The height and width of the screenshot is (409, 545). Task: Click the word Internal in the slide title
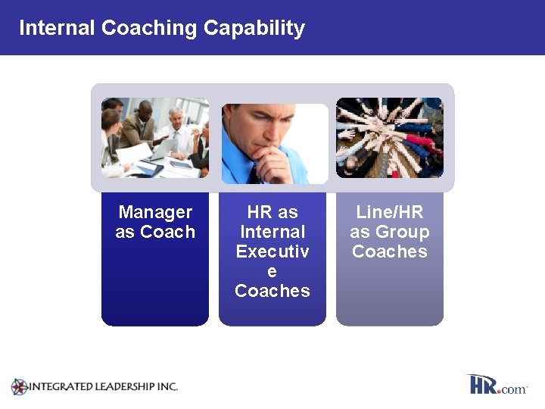(57, 28)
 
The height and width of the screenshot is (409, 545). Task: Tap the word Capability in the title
(254, 28)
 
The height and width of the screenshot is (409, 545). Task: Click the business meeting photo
(155, 137)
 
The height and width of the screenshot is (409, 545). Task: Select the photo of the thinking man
(274, 144)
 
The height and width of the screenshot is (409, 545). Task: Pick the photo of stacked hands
(390, 137)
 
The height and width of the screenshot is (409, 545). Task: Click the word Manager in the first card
(155, 212)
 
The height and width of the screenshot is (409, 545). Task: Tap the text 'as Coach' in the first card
(155, 232)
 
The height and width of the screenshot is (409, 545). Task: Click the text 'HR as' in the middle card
(272, 212)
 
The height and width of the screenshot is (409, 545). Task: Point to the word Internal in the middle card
(272, 232)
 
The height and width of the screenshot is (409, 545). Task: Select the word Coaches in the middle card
(272, 291)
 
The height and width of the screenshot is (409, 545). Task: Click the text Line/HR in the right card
(390, 212)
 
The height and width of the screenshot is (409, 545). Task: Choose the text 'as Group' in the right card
(390, 232)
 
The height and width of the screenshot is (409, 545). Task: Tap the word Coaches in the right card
(390, 251)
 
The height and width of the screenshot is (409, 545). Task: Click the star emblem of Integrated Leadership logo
(19, 387)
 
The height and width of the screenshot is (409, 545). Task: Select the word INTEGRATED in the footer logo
(58, 386)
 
